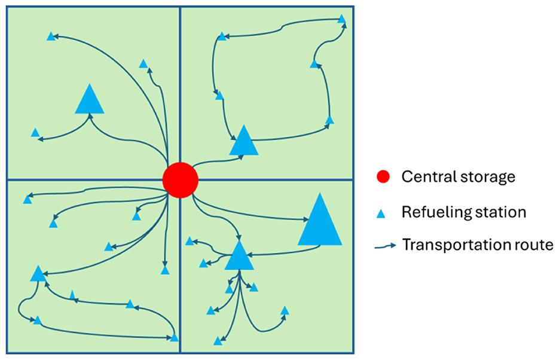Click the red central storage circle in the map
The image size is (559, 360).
pyautogui.click(x=180, y=179)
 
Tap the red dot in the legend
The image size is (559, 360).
pyautogui.click(x=383, y=177)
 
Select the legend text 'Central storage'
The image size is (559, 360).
pyautogui.click(x=458, y=177)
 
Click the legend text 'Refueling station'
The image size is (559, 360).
pyautogui.click(x=464, y=212)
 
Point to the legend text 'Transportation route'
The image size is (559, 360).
pyautogui.click(x=477, y=245)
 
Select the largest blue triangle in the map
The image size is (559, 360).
pyautogui.click(x=320, y=222)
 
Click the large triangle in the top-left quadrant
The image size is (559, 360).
pyautogui.click(x=90, y=100)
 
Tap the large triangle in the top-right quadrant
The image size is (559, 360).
pyautogui.click(x=243, y=142)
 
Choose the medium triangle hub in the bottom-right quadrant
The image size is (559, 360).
pyautogui.click(x=239, y=257)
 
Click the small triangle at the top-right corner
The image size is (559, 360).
pyautogui.click(x=341, y=19)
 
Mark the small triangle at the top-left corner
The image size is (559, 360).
pyautogui.click(x=51, y=37)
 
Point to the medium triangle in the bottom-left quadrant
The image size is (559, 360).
pyautogui.click(x=38, y=274)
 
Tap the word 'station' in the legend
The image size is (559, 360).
pyautogui.click(x=505, y=212)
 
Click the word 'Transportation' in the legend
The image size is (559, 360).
pyautogui.click(x=454, y=245)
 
